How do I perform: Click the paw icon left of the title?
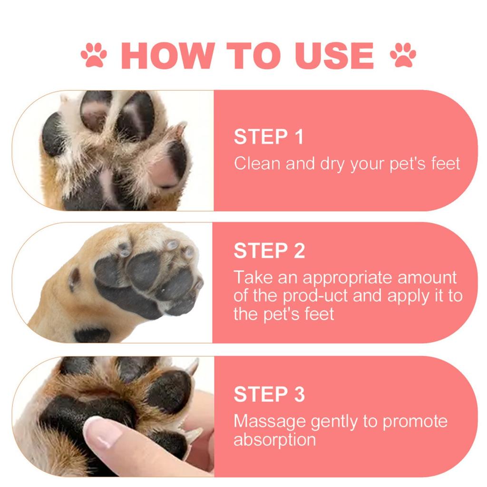pyautogui.click(x=94, y=55)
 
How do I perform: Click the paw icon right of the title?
pyautogui.click(x=403, y=55)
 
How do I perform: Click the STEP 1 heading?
pyautogui.click(x=268, y=137)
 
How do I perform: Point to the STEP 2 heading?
pyautogui.click(x=269, y=251)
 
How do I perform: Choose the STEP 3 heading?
pyautogui.click(x=269, y=395)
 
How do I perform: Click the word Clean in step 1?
pyautogui.click(x=257, y=164)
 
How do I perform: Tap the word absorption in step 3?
pyautogui.click(x=274, y=439)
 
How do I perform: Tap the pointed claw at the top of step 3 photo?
pyautogui.click(x=192, y=367)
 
